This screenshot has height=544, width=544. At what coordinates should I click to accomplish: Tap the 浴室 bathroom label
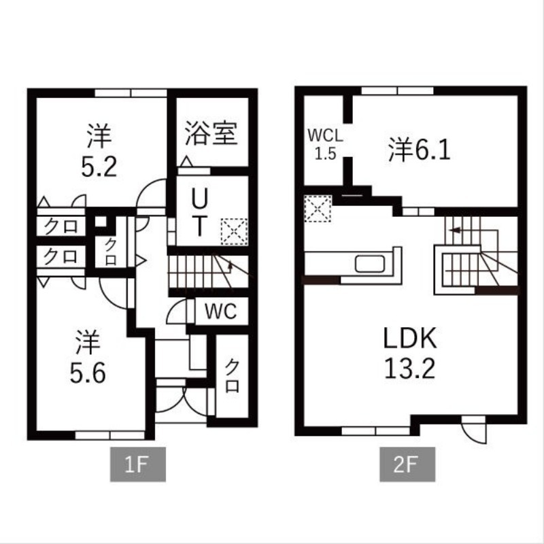click(x=211, y=134)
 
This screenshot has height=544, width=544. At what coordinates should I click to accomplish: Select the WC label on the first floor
click(x=220, y=312)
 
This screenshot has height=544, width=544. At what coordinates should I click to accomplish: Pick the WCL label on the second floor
click(x=326, y=134)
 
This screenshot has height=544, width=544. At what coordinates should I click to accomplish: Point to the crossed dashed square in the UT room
click(x=235, y=231)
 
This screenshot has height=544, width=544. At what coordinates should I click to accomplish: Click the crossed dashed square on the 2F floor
click(x=317, y=208)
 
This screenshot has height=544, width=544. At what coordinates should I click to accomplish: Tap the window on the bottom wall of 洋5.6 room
click(x=105, y=432)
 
